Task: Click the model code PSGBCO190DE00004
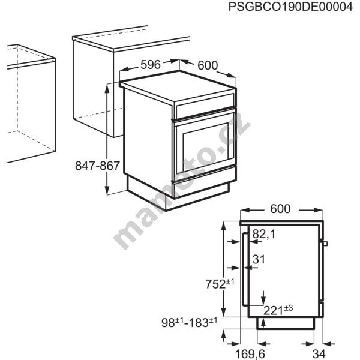[x=290, y=7]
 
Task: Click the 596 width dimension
[x=151, y=65]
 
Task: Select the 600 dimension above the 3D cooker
[x=208, y=65]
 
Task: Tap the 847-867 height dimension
[x=97, y=166]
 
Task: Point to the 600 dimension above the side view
[x=280, y=209]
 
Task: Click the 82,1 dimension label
[x=264, y=235]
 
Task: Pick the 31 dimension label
[x=259, y=259]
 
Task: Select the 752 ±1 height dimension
[x=220, y=284]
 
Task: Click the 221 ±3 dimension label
[x=278, y=310]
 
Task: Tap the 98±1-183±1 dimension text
[x=189, y=322]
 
